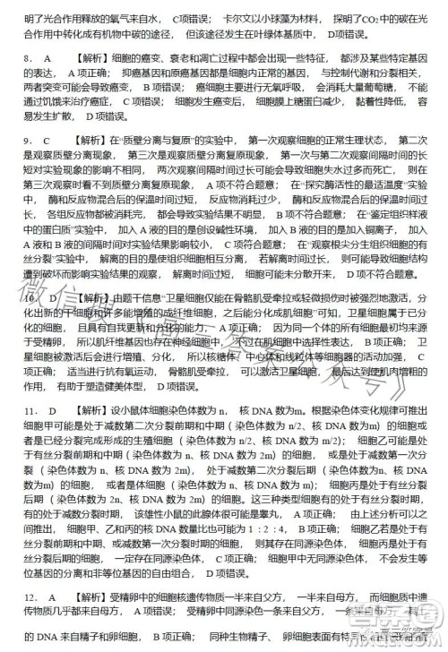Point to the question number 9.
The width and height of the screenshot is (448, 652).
[28, 141]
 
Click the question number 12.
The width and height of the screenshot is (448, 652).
[30, 596]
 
